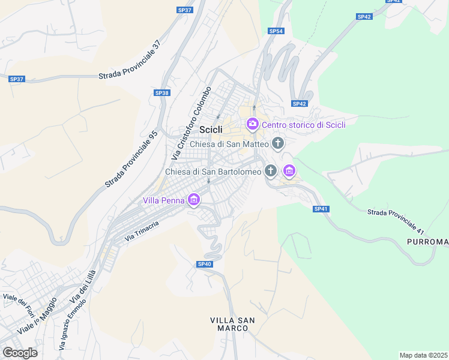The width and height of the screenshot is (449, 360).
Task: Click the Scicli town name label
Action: click(211, 130)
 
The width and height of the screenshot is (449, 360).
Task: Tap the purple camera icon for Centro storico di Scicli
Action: click(252, 124)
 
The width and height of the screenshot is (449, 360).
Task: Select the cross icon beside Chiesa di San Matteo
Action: click(277, 143)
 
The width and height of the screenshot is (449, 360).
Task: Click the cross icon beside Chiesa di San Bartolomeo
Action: click(271, 171)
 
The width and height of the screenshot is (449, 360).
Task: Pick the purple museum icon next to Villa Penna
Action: click(193, 200)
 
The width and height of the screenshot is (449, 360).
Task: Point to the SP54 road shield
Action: click(276, 31)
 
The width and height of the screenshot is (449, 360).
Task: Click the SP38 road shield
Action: click(162, 93)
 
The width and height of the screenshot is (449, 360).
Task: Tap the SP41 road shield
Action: click(321, 209)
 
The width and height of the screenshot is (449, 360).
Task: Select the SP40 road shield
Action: click(204, 264)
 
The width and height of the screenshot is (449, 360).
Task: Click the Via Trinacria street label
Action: click(142, 231)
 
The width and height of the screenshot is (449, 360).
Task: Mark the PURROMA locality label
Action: click(427, 242)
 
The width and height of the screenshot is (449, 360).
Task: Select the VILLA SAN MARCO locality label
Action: click(232, 324)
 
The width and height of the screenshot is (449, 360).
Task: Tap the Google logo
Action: click(20, 353)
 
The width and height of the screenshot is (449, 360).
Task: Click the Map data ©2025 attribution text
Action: click(423, 355)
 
